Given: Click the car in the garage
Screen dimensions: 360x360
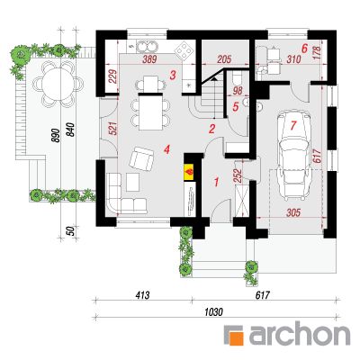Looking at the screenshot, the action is click(x=293, y=156).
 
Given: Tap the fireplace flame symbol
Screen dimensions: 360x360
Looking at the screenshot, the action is click(x=189, y=172).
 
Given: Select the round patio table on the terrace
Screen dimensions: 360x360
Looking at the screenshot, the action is click(x=54, y=83).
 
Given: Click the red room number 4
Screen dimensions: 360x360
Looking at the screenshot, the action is click(x=166, y=149).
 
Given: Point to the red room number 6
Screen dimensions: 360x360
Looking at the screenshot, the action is click(x=305, y=48).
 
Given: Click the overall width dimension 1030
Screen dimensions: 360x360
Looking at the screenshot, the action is click(x=214, y=312).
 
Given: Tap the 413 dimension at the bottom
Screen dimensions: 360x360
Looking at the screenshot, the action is click(x=142, y=295).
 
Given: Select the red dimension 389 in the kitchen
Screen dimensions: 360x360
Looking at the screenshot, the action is click(x=149, y=59).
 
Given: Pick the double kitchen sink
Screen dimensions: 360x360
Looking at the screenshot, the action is click(x=147, y=47).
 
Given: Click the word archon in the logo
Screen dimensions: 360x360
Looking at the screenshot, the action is click(x=300, y=333).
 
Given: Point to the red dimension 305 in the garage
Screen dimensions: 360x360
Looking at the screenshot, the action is click(x=293, y=212).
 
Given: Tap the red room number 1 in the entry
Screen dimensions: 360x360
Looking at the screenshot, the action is click(x=216, y=182).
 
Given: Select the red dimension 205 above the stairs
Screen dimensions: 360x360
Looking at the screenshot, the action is click(x=224, y=59).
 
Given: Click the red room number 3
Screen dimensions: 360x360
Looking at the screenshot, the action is click(x=172, y=75).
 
